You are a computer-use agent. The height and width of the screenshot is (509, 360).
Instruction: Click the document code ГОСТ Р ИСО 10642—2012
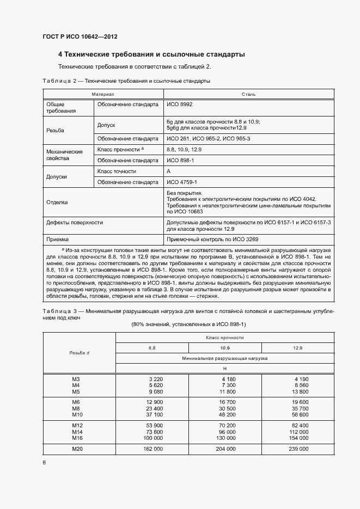point(80,36)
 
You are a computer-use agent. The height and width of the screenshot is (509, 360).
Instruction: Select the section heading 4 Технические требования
point(151,54)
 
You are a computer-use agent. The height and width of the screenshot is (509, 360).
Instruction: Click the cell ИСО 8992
point(179,104)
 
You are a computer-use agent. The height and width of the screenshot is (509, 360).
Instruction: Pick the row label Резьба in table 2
point(56,131)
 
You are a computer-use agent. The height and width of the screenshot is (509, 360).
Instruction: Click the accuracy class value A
point(168,171)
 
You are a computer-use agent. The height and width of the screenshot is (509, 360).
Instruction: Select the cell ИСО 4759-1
point(181,182)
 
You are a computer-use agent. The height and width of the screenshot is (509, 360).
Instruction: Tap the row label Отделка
point(57,202)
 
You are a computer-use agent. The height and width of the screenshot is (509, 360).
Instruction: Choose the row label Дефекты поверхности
point(75,223)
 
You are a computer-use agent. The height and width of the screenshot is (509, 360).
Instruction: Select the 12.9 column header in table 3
point(298,347)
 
